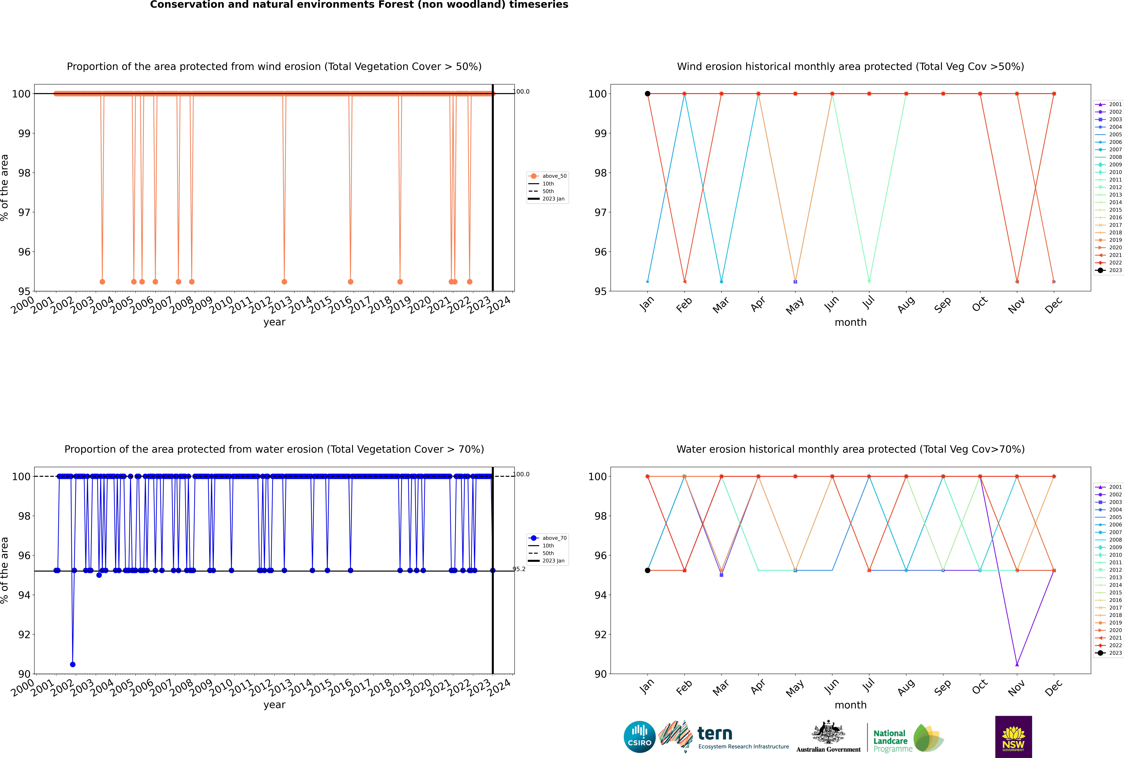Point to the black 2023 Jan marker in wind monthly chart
click(x=648, y=94)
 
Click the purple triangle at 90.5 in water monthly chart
click(x=1017, y=664)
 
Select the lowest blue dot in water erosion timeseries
click(x=72, y=664)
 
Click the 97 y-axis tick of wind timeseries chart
click(x=24, y=212)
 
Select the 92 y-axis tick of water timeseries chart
click(x=24, y=634)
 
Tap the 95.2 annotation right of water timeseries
click(x=519, y=569)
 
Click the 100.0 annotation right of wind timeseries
click(x=521, y=91)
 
